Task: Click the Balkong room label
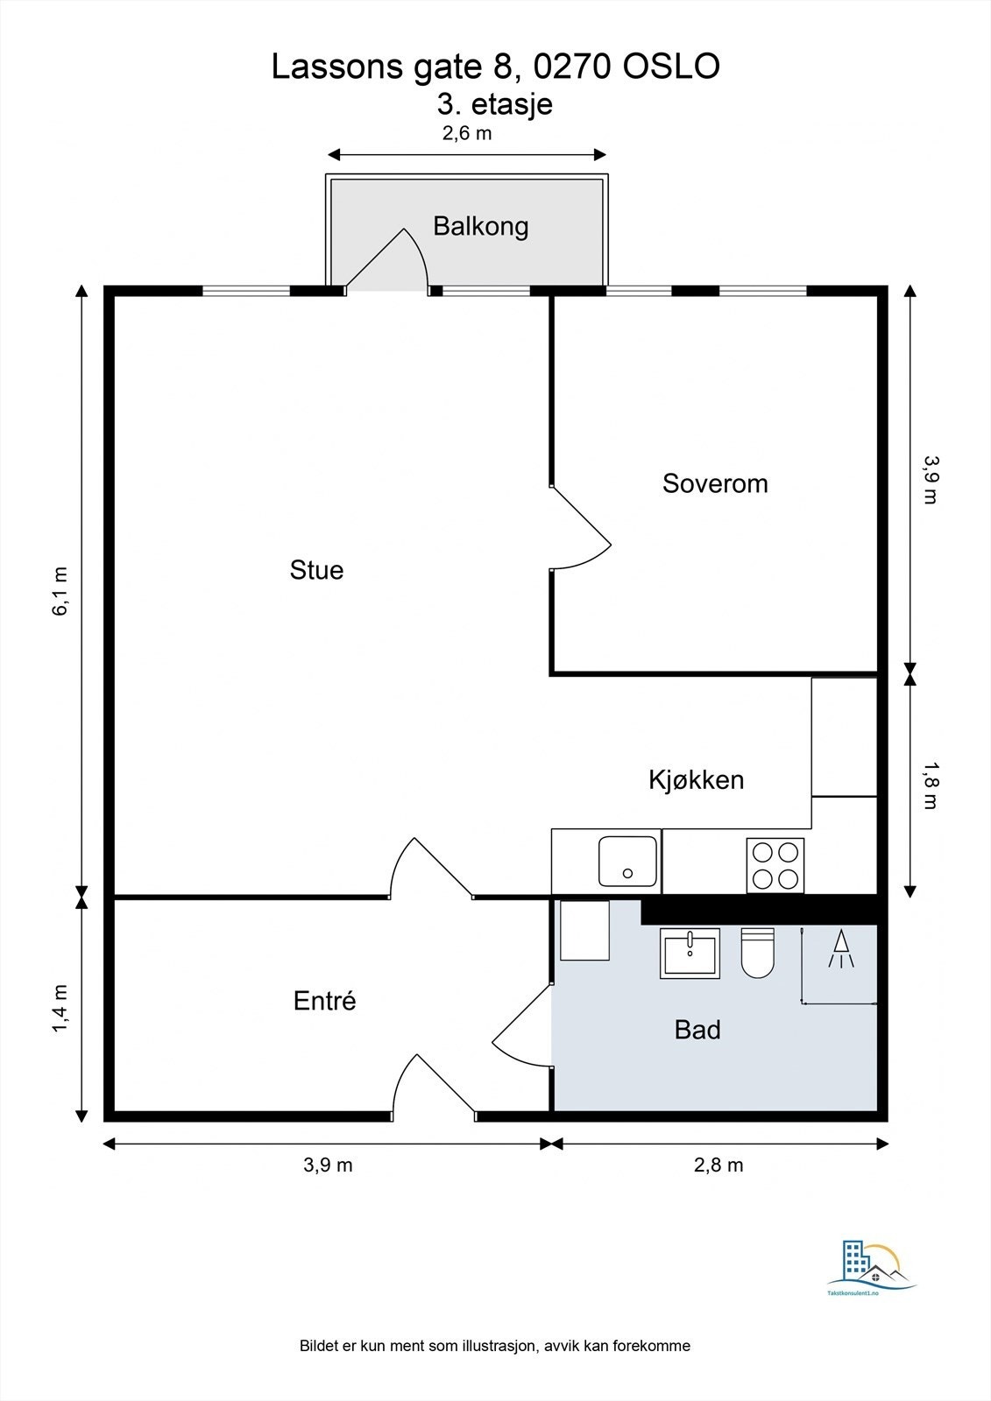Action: (481, 227)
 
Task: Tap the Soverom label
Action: (715, 483)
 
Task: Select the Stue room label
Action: (316, 570)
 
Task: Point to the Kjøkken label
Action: (696, 780)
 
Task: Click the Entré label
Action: (324, 1001)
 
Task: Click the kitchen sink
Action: (627, 862)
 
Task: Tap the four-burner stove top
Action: (775, 866)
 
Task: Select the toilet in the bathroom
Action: (758, 954)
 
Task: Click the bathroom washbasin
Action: (690, 954)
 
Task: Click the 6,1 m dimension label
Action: (60, 592)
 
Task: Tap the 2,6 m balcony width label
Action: (467, 134)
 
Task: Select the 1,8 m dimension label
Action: (931, 785)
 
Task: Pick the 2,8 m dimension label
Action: (718, 1165)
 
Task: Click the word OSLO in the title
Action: (670, 67)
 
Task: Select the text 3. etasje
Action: (494, 104)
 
